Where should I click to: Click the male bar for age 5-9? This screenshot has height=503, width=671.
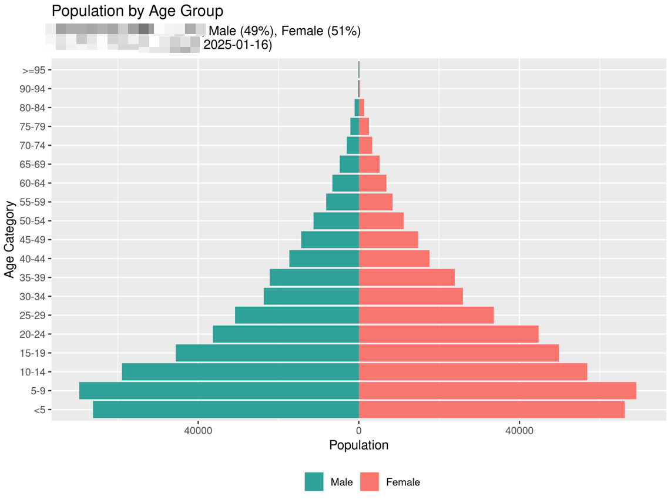coord(219,391)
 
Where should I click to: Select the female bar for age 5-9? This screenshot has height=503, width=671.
coord(497,391)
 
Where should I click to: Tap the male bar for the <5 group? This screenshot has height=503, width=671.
coord(226,410)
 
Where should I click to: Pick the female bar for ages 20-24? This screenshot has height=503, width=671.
coord(448,334)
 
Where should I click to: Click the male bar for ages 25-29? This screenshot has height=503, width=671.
coord(297,316)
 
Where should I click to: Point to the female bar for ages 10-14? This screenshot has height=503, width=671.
coord(473,372)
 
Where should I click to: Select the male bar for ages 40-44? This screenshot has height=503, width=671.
coord(324,259)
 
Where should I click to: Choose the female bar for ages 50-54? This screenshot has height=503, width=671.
coord(381,221)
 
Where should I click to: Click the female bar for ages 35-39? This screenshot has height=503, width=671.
coord(407,277)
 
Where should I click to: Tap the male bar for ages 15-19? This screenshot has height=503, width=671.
coord(267,353)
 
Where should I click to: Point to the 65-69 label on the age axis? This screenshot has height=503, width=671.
coord(35,165)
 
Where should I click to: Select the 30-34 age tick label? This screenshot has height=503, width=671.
coord(35,297)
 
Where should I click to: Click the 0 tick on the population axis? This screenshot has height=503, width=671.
coord(358,430)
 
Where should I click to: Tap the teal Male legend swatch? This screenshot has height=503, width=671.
coord(314,482)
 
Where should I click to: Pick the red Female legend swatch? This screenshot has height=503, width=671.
coord(369,482)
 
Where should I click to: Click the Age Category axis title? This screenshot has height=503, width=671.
coord(9,240)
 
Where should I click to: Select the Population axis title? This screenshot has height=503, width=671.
coord(358,445)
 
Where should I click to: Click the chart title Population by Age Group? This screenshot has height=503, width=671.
coord(137,11)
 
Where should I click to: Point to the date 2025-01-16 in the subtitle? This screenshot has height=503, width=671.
coord(237,45)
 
